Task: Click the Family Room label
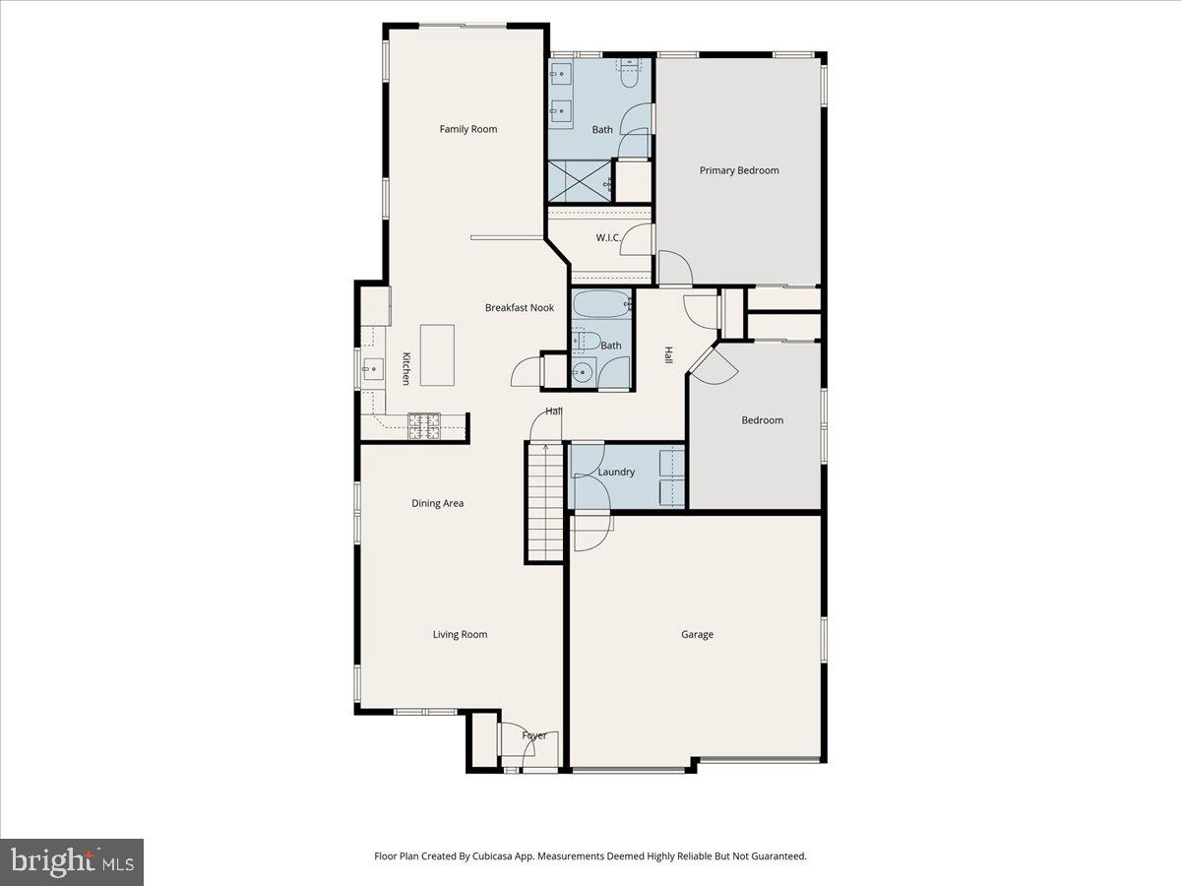[467, 129]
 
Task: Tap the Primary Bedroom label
[738, 170]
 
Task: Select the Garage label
[697, 635]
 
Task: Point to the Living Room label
[460, 635]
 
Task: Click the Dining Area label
[437, 504]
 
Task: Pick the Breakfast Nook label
[519, 308]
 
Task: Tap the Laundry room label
[616, 473]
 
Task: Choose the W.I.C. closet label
[607, 238]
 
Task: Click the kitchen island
[437, 355]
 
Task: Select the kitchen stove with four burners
[425, 425]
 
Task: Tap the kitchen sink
[372, 371]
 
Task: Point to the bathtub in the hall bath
[600, 306]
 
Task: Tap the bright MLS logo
[72, 862]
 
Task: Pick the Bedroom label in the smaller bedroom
[762, 421]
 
